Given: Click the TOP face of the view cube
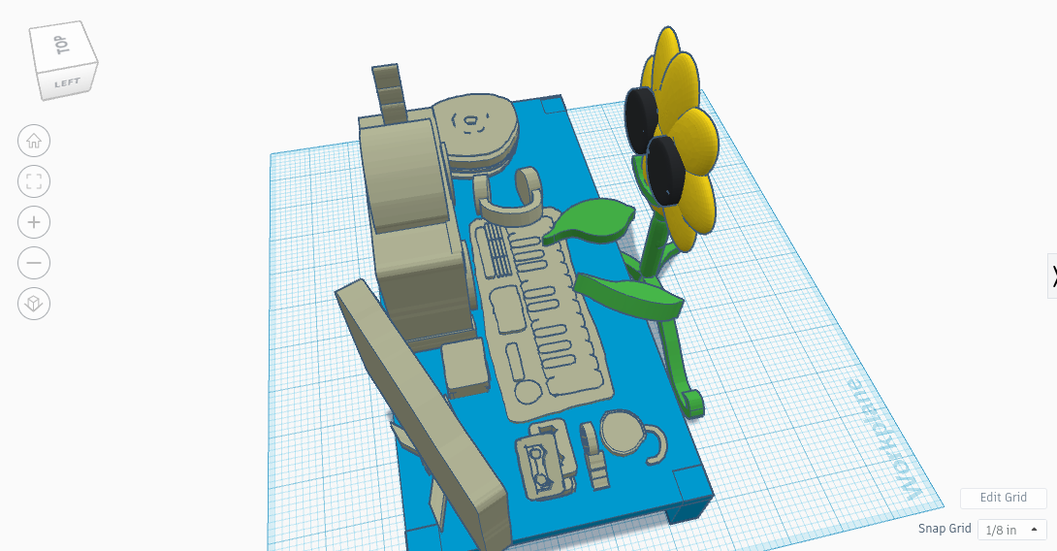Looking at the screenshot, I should [x=61, y=46].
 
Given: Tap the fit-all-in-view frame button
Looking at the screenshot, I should [x=34, y=181].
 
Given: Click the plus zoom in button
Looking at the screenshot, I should [x=34, y=222].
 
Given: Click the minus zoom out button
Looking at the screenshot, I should [x=34, y=263].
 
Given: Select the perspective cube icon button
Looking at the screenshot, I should [x=34, y=304].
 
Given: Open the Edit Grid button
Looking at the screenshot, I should [x=1003, y=498].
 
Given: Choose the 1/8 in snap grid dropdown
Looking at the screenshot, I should [x=1010, y=530].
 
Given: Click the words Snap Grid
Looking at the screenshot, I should [x=945, y=530].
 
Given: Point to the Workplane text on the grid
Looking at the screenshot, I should [x=883, y=440].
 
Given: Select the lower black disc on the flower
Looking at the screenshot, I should [x=666, y=171].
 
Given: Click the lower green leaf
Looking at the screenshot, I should [x=630, y=295].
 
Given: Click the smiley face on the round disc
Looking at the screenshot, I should [x=473, y=122].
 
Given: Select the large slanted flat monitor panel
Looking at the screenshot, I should [x=423, y=407].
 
